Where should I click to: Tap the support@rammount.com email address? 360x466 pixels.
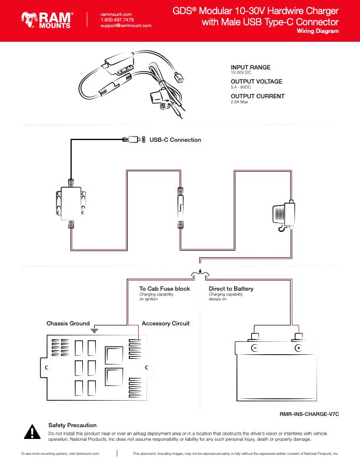click(x=126, y=25)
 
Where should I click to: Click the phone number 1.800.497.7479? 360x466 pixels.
click(x=117, y=20)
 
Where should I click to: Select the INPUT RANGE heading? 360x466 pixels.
click(x=251, y=68)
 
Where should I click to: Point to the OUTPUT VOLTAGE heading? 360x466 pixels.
click(x=256, y=81)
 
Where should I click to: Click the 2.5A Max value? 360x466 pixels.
click(x=239, y=102)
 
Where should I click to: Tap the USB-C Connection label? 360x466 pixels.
click(x=175, y=139)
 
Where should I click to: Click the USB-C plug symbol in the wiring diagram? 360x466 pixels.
click(x=134, y=139)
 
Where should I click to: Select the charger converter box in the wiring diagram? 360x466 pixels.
click(x=71, y=204)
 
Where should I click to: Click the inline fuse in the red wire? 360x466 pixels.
click(x=181, y=208)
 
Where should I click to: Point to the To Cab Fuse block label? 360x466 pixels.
click(x=165, y=288)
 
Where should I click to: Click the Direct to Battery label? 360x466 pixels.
click(x=231, y=288)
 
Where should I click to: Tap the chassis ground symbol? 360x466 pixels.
click(x=94, y=330)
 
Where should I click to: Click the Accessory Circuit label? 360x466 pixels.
click(x=165, y=324)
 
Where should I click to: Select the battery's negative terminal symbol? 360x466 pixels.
click(x=255, y=348)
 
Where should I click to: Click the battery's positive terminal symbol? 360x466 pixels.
click(x=298, y=348)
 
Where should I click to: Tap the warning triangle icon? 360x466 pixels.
click(x=32, y=432)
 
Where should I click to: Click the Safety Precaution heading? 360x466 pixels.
click(x=72, y=425)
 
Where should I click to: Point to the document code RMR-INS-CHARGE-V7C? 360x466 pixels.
click(x=309, y=414)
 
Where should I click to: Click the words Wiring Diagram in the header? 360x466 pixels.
click(x=318, y=31)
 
